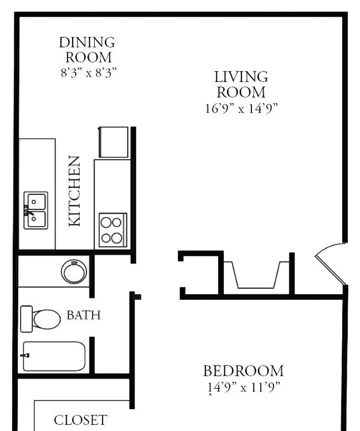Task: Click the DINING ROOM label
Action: tap(87, 49)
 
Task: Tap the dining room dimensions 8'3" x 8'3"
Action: tap(89, 73)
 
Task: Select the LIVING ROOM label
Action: tap(241, 84)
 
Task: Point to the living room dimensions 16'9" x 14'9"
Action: tap(241, 109)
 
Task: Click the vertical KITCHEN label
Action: tap(74, 191)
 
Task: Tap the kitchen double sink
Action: tap(36, 210)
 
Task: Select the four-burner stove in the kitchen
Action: tap(112, 230)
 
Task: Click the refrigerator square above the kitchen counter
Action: tap(114, 142)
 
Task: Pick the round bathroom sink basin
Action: tap(74, 272)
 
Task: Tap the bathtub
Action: tap(54, 356)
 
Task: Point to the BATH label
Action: tap(84, 315)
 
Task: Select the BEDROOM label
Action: tap(243, 371)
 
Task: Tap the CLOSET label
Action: tap(80, 419)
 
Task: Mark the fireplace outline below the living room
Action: tap(256, 274)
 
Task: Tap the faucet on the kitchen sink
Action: tap(27, 211)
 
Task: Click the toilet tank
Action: tap(26, 319)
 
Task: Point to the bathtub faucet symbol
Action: tap(25, 355)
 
